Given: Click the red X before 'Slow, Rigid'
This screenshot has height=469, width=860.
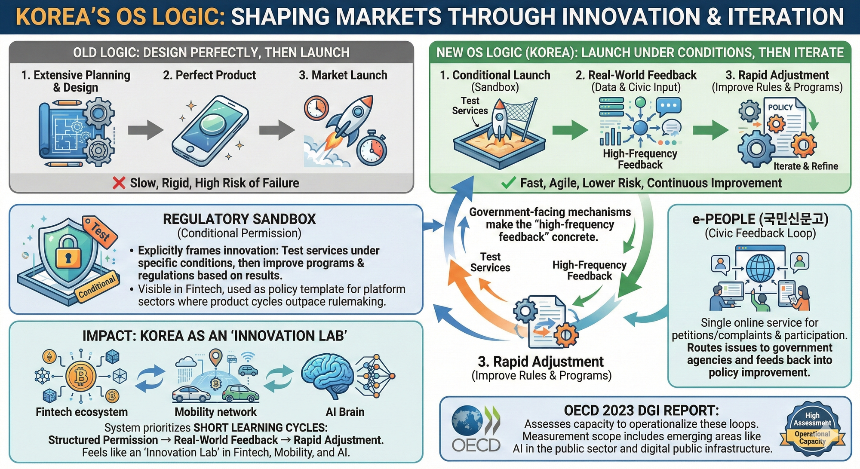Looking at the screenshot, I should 119,183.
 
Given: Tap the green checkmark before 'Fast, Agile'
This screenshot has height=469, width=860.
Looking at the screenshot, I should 508,183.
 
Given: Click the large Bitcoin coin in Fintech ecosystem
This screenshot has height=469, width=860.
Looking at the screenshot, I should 81,376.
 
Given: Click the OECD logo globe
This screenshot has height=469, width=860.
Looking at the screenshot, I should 467,420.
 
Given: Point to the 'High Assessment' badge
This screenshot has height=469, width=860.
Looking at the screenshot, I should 812,429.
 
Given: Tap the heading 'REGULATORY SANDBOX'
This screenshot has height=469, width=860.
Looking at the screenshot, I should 239,219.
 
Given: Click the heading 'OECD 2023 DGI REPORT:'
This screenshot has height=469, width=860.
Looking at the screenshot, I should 641,411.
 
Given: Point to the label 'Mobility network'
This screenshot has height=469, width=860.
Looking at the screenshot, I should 215,412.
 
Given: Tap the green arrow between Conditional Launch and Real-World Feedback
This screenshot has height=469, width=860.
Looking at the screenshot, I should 570,130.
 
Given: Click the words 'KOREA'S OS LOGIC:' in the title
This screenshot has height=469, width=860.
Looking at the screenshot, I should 120,17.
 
